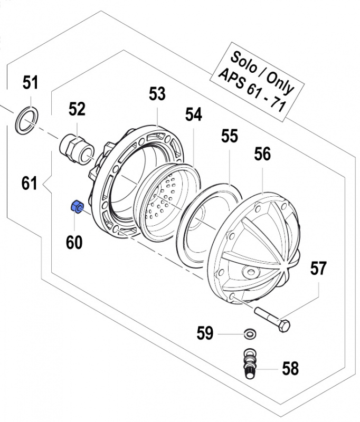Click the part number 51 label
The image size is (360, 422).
pos(31,83)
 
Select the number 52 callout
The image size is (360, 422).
pos(77,109)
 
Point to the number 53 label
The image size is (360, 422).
pos(157,94)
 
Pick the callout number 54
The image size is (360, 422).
pos(193,115)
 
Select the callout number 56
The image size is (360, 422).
pos(262,154)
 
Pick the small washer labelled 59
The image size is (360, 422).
pos(249,333)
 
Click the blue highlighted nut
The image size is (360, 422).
pos(76,207)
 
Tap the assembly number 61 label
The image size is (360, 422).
pos(30,184)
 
